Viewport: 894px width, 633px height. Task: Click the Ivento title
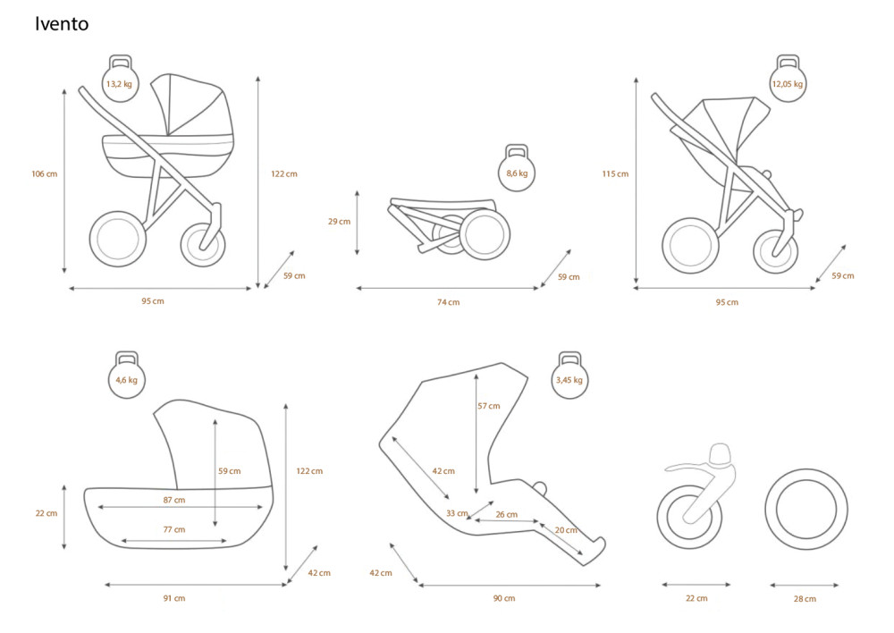(62, 23)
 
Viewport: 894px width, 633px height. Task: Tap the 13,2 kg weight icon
(120, 79)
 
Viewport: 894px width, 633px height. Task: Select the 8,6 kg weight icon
(517, 168)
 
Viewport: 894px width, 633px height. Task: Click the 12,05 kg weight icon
(788, 79)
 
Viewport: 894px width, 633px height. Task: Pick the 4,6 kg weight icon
(127, 375)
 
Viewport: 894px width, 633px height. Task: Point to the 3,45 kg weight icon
(569, 375)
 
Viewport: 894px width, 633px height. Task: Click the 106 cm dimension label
(45, 174)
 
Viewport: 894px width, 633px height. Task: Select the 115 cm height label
(615, 174)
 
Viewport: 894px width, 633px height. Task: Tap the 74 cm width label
(449, 302)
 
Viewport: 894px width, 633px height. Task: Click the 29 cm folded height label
(339, 221)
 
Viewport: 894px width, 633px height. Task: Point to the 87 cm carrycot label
(174, 500)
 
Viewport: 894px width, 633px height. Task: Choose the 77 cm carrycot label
(174, 530)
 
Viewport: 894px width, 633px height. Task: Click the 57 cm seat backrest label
(489, 406)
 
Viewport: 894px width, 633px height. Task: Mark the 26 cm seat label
(506, 514)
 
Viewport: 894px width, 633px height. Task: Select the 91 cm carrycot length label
(174, 598)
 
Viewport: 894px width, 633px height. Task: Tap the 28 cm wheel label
(805, 599)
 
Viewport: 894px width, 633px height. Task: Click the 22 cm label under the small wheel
(696, 598)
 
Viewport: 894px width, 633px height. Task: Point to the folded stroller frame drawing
(451, 225)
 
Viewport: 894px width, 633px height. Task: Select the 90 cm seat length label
(504, 598)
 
